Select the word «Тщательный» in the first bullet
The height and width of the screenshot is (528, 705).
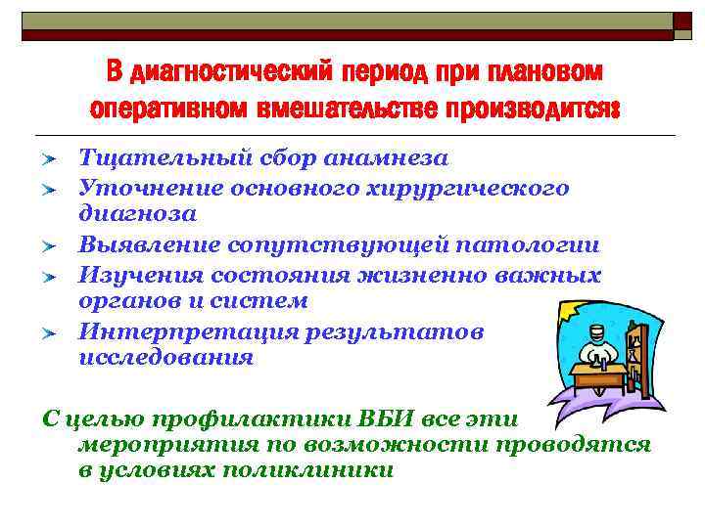[148, 158]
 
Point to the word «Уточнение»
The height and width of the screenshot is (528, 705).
[142, 187]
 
